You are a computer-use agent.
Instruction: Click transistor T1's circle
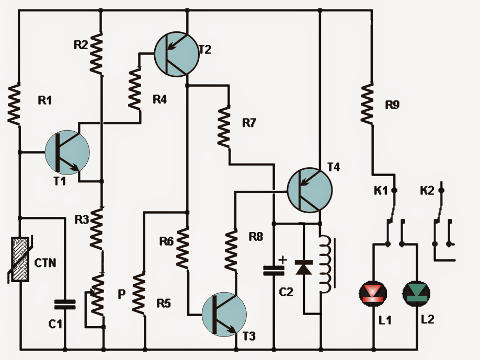67,152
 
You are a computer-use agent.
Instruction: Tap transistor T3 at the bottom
224,314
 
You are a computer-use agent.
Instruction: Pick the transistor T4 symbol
310,190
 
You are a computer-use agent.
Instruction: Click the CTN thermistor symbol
19,260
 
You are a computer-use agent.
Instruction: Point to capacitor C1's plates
65,304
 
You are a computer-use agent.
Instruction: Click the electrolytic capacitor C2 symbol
273,270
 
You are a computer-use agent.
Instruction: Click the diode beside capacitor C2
303,268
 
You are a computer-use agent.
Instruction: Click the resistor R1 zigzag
15,104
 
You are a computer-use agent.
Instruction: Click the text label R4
159,99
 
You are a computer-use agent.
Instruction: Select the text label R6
166,241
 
